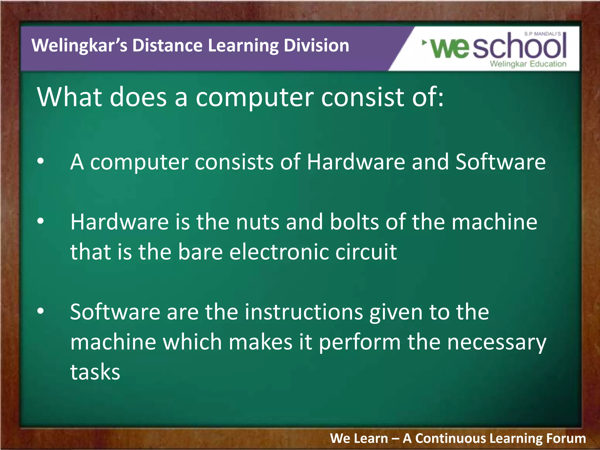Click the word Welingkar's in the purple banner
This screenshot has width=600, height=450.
pos(79,46)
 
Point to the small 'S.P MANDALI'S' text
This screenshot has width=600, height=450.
pos(542,34)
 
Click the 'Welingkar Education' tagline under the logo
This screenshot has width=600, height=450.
pos(528,64)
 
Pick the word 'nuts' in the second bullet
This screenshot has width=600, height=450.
pos(258,222)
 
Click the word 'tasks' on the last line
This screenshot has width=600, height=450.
pos(95,372)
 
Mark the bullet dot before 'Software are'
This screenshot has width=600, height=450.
pos(40,311)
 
